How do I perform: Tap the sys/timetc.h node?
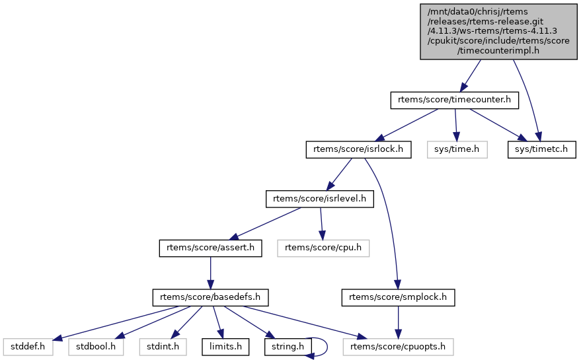(541, 150)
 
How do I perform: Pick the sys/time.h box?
(457, 150)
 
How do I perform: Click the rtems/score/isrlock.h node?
(358, 150)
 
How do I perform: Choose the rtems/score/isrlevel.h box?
(319, 199)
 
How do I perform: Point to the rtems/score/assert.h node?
(210, 248)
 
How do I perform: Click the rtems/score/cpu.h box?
(323, 248)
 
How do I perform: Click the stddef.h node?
(27, 345)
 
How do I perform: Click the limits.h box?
(225, 345)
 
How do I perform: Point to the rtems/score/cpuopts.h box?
(399, 345)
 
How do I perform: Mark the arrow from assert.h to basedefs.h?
(210, 272)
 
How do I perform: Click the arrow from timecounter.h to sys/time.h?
(455, 125)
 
